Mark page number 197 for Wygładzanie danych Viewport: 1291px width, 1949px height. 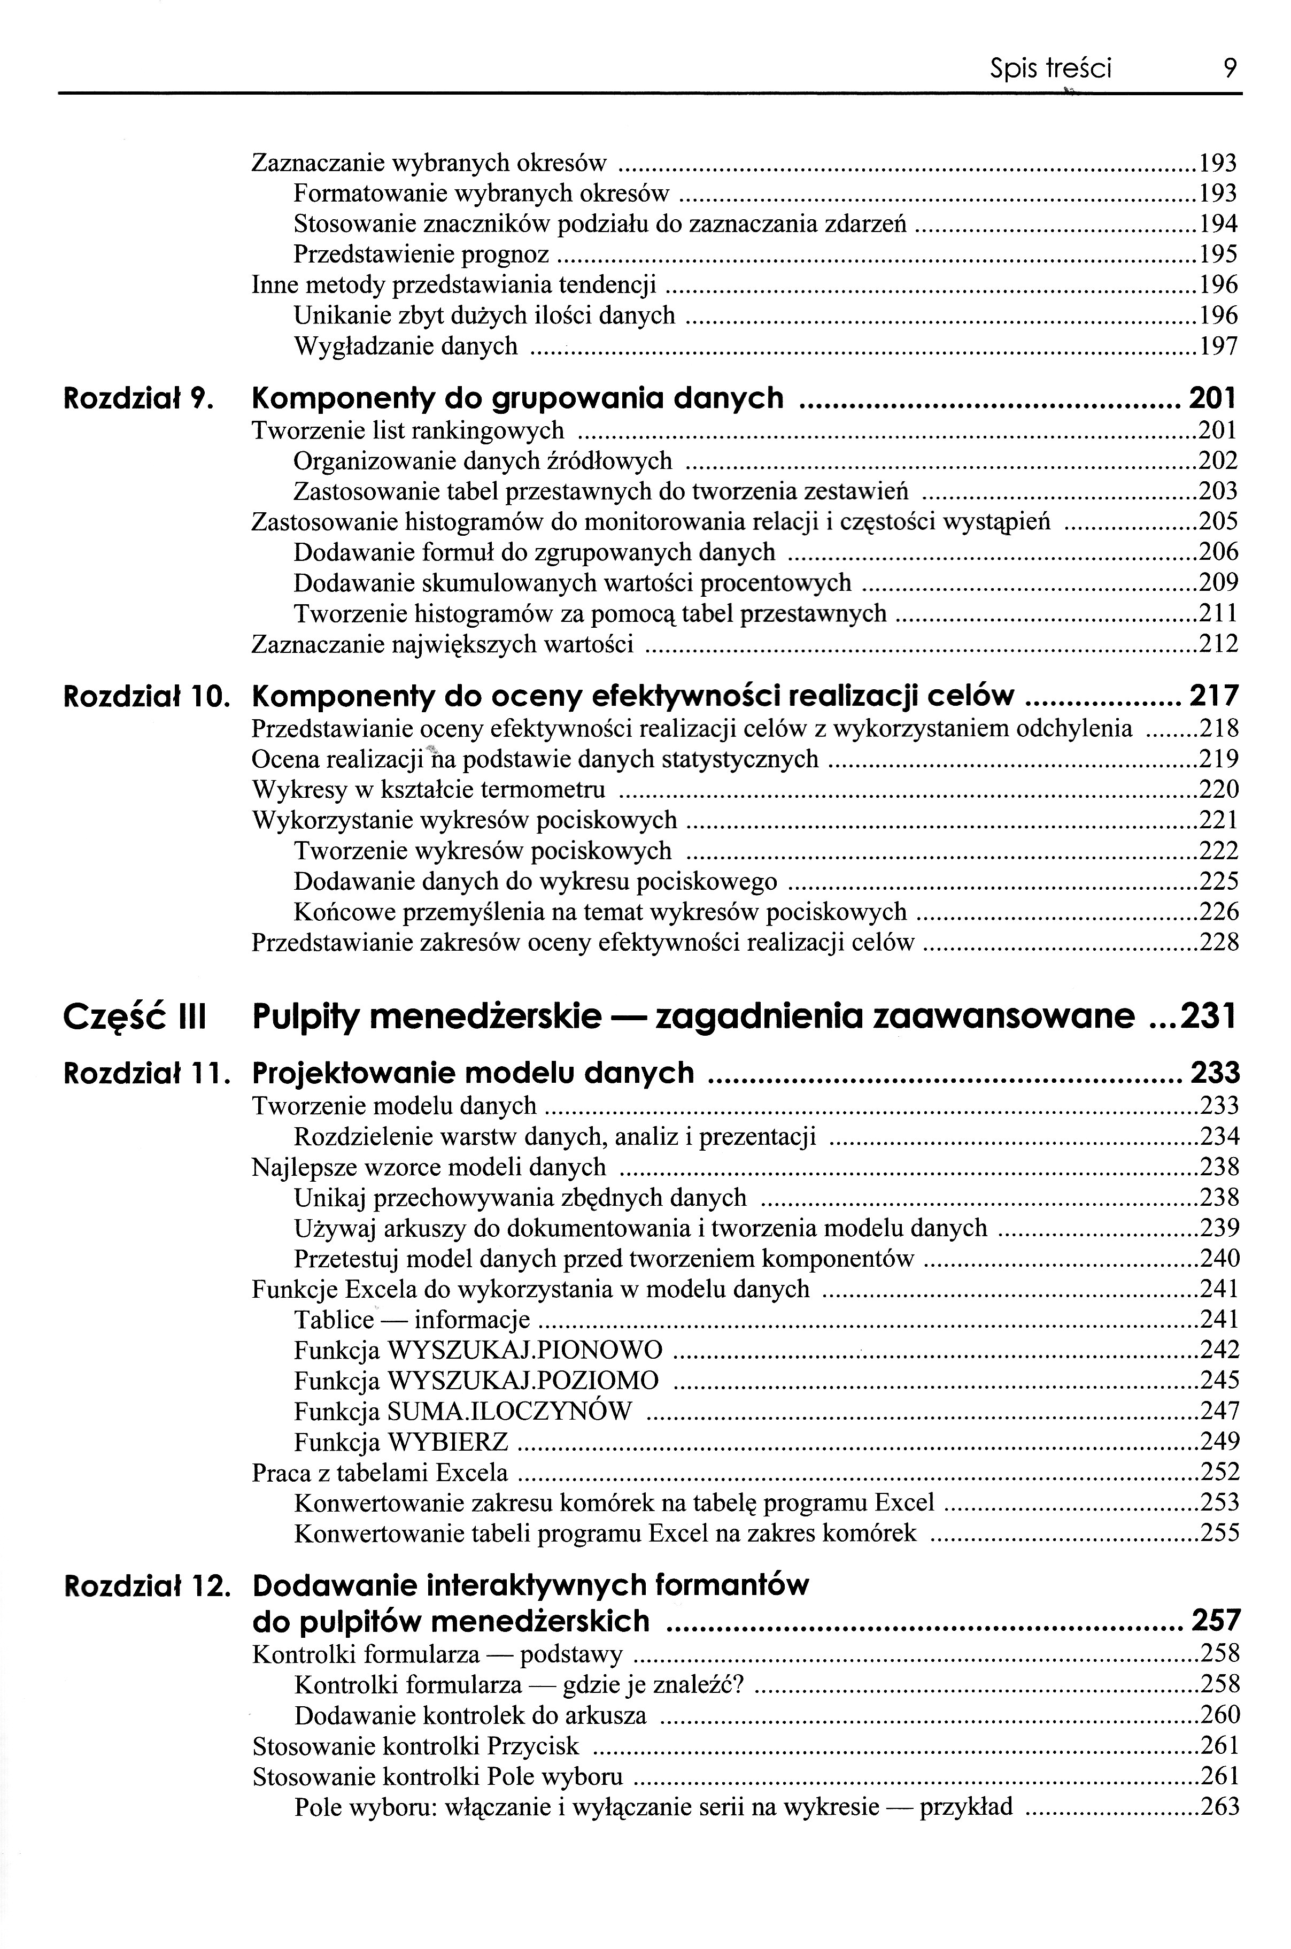pos(1218,346)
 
